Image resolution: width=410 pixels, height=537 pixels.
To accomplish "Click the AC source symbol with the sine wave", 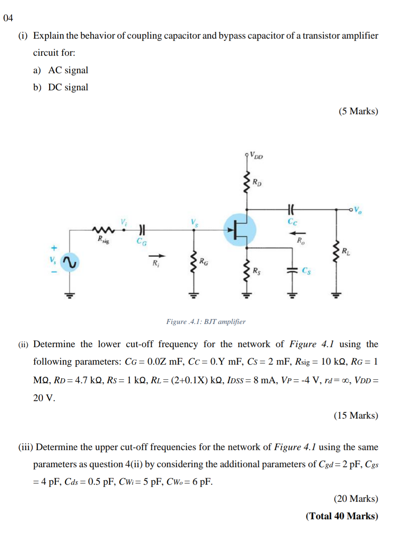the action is coord(69,262).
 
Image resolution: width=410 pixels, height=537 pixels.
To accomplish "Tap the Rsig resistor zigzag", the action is coord(103,230).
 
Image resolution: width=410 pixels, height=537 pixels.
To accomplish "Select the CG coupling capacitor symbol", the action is coord(142,230).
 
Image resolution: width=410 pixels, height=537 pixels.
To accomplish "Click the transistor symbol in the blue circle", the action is coord(240,230).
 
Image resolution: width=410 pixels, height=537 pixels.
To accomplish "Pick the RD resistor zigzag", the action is coord(247,182).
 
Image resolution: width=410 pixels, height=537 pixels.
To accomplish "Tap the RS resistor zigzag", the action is coord(247,270).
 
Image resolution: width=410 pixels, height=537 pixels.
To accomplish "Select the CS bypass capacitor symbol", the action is coord(292,270).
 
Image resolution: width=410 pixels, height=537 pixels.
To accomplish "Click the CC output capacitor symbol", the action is coord(291,209).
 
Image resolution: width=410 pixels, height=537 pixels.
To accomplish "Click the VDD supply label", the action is coord(257,156).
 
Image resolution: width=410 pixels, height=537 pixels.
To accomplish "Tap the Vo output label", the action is coord(358,210).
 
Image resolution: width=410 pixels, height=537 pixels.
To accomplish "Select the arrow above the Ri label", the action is coord(157,256).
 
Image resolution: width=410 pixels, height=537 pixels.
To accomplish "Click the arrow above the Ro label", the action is coord(298,233).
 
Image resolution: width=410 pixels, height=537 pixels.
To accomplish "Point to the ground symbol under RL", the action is coord(336,295).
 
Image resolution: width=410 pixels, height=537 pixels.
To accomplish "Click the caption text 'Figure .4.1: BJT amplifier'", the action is coord(206,322).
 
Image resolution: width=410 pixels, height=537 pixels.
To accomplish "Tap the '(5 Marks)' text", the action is coord(358,111).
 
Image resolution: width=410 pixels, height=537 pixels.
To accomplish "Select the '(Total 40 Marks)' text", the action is coord(342,516).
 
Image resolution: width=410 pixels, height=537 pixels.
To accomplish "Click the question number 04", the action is coord(8,18).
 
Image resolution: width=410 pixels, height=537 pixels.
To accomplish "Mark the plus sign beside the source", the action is coord(54,248).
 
